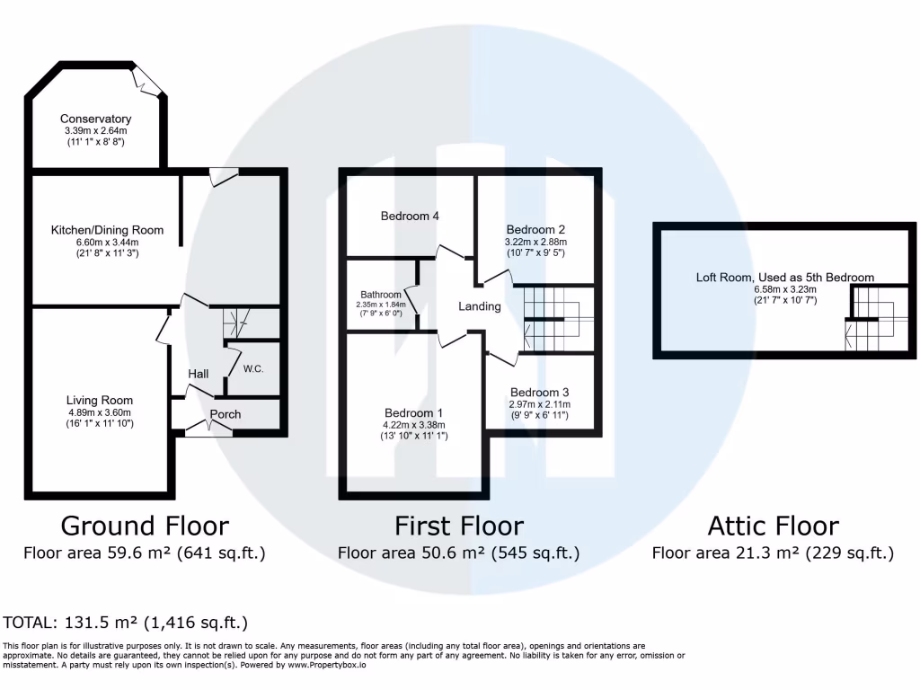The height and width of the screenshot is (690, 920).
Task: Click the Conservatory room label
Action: pyautogui.click(x=95, y=119)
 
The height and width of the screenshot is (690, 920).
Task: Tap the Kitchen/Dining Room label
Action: pyautogui.click(x=107, y=230)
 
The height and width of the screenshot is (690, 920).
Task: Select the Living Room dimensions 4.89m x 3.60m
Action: pyautogui.click(x=99, y=412)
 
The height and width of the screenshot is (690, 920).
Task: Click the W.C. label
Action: pyautogui.click(x=252, y=369)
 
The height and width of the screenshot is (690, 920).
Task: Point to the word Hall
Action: pyautogui.click(x=199, y=374)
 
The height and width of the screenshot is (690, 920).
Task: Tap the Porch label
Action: pyautogui.click(x=226, y=414)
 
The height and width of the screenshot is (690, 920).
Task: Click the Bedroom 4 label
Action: pyautogui.click(x=410, y=217)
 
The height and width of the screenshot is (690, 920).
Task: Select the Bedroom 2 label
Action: pyautogui.click(x=535, y=229)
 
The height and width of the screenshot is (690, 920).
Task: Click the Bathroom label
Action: pyautogui.click(x=381, y=294)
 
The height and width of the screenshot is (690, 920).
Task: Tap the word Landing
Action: pyautogui.click(x=479, y=306)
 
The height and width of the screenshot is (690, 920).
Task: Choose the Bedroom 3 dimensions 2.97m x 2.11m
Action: pyautogui.click(x=539, y=405)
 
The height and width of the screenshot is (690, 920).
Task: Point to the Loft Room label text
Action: pyautogui.click(x=784, y=278)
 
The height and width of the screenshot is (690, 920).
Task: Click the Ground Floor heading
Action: pyautogui.click(x=145, y=526)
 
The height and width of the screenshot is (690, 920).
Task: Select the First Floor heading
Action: pyautogui.click(x=458, y=526)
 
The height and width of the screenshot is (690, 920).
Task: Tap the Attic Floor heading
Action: pyautogui.click(x=773, y=526)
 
